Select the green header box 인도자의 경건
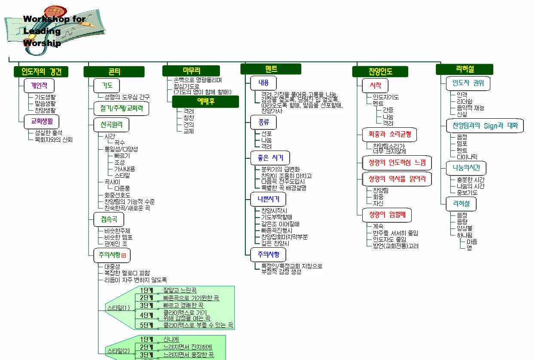pyautogui.click(x=41, y=71)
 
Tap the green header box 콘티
pyautogui.click(x=114, y=71)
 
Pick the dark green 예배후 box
pyautogui.click(x=205, y=102)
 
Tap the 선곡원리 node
pyautogui.click(x=111, y=125)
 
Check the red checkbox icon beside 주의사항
pyautogui.click(x=124, y=255)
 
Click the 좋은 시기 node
pyautogui.click(x=270, y=158)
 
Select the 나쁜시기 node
pyautogui.click(x=268, y=199)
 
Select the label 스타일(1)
pyautogui.click(x=118, y=308)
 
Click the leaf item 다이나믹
pyautogui.click(x=467, y=157)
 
